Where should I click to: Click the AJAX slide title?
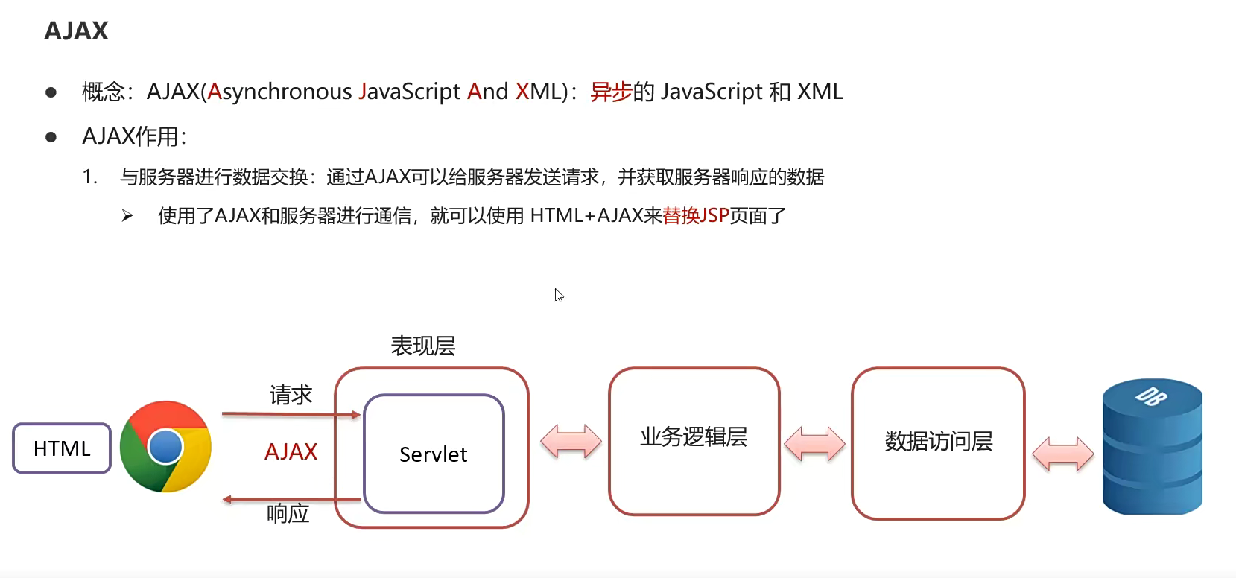point(76,31)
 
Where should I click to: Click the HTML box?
point(62,448)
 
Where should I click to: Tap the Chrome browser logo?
point(165,446)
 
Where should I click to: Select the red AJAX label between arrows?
point(291,451)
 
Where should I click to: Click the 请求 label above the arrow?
point(291,395)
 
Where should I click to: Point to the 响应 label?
point(288,513)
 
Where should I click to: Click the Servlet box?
point(434,454)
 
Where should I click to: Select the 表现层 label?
point(422,346)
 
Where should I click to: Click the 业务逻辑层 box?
point(694,440)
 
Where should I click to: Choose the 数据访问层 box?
point(938,442)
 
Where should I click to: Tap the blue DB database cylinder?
point(1152,448)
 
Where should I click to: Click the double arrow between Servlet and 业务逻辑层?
point(571,441)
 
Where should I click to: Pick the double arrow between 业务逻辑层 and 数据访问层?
point(814,444)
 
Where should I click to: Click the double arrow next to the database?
point(1062,453)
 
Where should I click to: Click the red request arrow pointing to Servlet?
point(291,414)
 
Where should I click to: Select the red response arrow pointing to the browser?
point(291,499)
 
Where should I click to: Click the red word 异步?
point(611,92)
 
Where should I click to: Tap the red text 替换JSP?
point(695,216)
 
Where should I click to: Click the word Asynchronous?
point(279,92)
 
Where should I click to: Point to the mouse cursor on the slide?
point(559,295)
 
